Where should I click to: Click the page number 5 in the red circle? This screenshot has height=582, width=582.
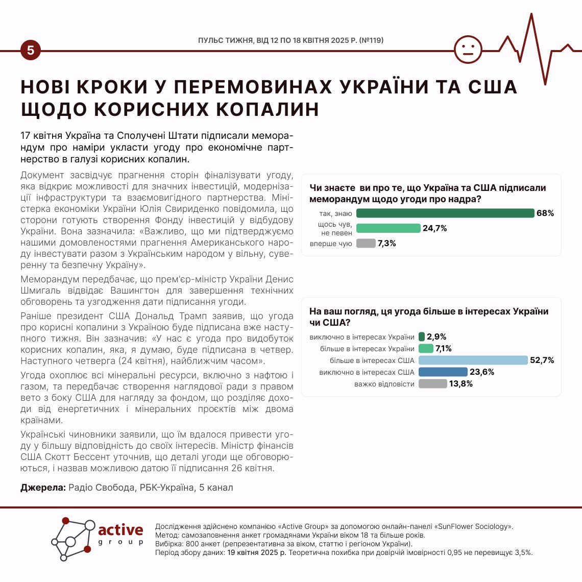pos(31,51)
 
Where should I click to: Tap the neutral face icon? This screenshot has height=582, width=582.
pos(468,50)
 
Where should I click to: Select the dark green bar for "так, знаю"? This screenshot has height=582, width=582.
pos(445,213)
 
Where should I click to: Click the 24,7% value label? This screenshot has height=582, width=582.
pos(434,228)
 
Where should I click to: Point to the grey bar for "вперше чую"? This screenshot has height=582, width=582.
pos(366,244)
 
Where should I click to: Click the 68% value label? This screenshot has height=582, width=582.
pos(545,213)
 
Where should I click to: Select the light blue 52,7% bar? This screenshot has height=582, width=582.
pos(473,360)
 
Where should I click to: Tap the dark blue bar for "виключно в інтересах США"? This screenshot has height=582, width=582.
pos(443,372)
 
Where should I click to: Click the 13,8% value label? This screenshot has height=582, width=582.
pos(460,384)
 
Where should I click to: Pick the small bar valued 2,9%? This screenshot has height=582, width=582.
pos(422,337)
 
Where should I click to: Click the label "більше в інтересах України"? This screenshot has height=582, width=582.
pos(367,349)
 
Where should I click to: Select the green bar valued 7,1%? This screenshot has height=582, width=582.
pos(426,349)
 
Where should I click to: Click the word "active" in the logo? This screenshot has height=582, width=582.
pos(120,530)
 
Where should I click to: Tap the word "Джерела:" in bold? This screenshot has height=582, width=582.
pos(43,488)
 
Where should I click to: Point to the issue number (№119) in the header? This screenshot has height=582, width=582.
pos(371,40)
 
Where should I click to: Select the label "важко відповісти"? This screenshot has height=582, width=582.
pos(384,384)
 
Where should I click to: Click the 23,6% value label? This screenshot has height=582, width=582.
pos(482,372)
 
